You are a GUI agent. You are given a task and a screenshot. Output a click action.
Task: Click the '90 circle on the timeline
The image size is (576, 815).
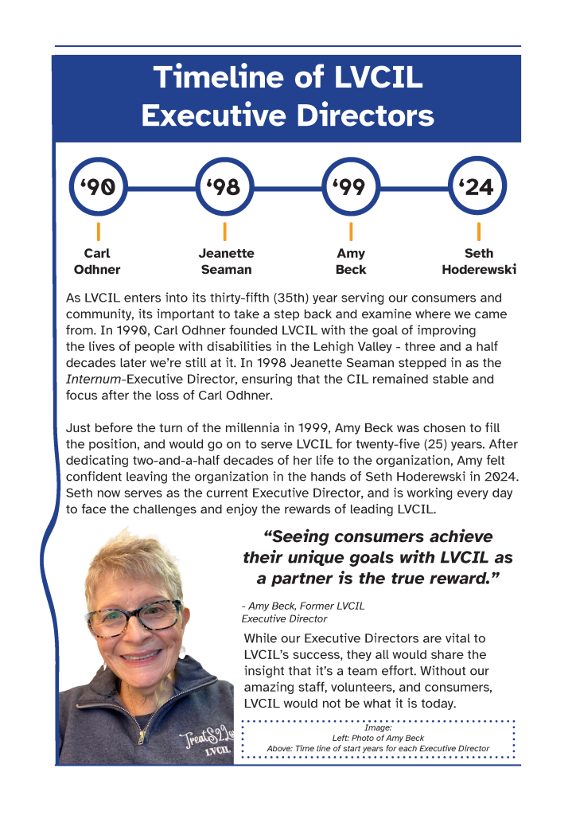click(x=98, y=188)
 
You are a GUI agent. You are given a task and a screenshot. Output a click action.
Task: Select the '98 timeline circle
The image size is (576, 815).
click(x=224, y=188)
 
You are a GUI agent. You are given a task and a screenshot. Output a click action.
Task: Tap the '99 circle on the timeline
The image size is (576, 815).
click(x=351, y=188)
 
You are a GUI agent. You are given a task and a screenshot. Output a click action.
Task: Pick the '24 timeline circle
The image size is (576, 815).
click(x=478, y=188)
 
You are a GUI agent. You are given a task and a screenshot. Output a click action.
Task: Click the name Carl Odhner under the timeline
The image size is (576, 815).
click(x=97, y=261)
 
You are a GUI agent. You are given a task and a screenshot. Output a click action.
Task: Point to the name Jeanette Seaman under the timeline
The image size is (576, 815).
click(x=226, y=261)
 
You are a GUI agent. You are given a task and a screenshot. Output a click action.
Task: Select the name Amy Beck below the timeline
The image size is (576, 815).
click(x=351, y=261)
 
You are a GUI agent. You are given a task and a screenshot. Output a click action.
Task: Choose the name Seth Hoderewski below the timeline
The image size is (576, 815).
click(x=478, y=261)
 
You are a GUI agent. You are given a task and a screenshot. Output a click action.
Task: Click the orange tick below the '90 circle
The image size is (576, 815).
click(x=98, y=232)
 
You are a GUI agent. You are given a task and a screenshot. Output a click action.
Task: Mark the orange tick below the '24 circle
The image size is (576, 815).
click(x=478, y=232)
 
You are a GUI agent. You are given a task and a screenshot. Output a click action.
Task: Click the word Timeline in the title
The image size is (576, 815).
click(x=224, y=78)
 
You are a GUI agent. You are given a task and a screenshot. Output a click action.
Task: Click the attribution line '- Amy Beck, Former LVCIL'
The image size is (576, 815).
click(x=302, y=606)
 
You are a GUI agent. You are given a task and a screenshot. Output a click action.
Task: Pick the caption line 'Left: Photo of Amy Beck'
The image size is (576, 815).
click(x=378, y=738)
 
